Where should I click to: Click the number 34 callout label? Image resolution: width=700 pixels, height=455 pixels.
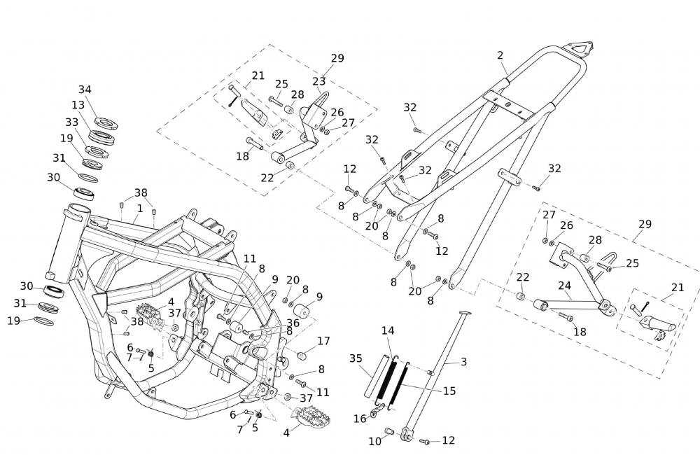[x=85, y=90]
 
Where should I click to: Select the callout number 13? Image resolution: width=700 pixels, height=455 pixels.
[x=78, y=105]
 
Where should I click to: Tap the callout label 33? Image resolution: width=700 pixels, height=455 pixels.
[x=71, y=122]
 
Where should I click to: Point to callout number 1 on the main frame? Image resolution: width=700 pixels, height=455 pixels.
[x=140, y=208]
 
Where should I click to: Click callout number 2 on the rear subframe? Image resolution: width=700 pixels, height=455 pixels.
[x=500, y=55]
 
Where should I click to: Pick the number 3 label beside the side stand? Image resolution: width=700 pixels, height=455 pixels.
[x=463, y=361]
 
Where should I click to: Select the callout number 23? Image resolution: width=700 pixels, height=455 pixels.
[x=319, y=81]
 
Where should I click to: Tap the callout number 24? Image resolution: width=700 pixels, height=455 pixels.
[x=565, y=286]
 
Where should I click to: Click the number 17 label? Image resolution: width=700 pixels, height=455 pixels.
[x=323, y=342]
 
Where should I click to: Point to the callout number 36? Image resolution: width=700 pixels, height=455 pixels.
[x=293, y=323]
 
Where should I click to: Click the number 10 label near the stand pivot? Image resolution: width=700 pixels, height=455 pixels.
[x=375, y=441]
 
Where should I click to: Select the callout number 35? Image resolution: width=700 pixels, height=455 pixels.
[x=356, y=358]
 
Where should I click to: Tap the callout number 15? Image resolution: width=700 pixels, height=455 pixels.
[x=449, y=391]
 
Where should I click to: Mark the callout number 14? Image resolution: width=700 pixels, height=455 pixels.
[x=388, y=330]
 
